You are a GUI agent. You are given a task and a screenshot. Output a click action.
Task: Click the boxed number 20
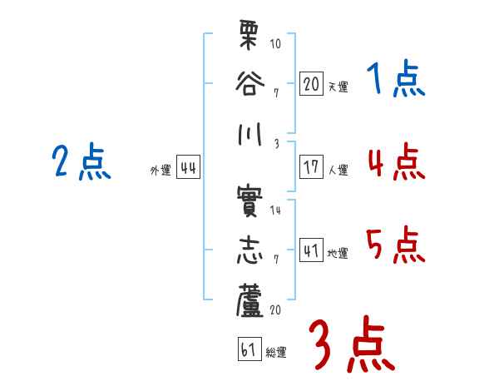coord(311,83)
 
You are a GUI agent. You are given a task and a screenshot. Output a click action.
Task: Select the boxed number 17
coord(311,166)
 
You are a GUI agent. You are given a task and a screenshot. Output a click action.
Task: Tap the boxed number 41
coord(311,250)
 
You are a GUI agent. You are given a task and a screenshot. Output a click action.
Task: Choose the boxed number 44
coord(188,167)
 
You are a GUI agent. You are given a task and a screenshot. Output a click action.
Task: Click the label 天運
coord(338,87)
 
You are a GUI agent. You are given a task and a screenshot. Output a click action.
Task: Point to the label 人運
coord(338,170)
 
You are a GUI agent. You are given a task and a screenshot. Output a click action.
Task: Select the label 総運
coord(276,352)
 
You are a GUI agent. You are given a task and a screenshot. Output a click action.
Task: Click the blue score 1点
coord(396,80)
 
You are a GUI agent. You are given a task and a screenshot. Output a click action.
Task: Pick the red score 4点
coord(396,161)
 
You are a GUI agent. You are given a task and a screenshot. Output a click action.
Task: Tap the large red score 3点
coord(351,344)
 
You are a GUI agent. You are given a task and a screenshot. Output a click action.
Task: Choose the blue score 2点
coord(82,161)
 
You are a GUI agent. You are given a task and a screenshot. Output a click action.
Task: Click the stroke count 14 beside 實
coord(275,210)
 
